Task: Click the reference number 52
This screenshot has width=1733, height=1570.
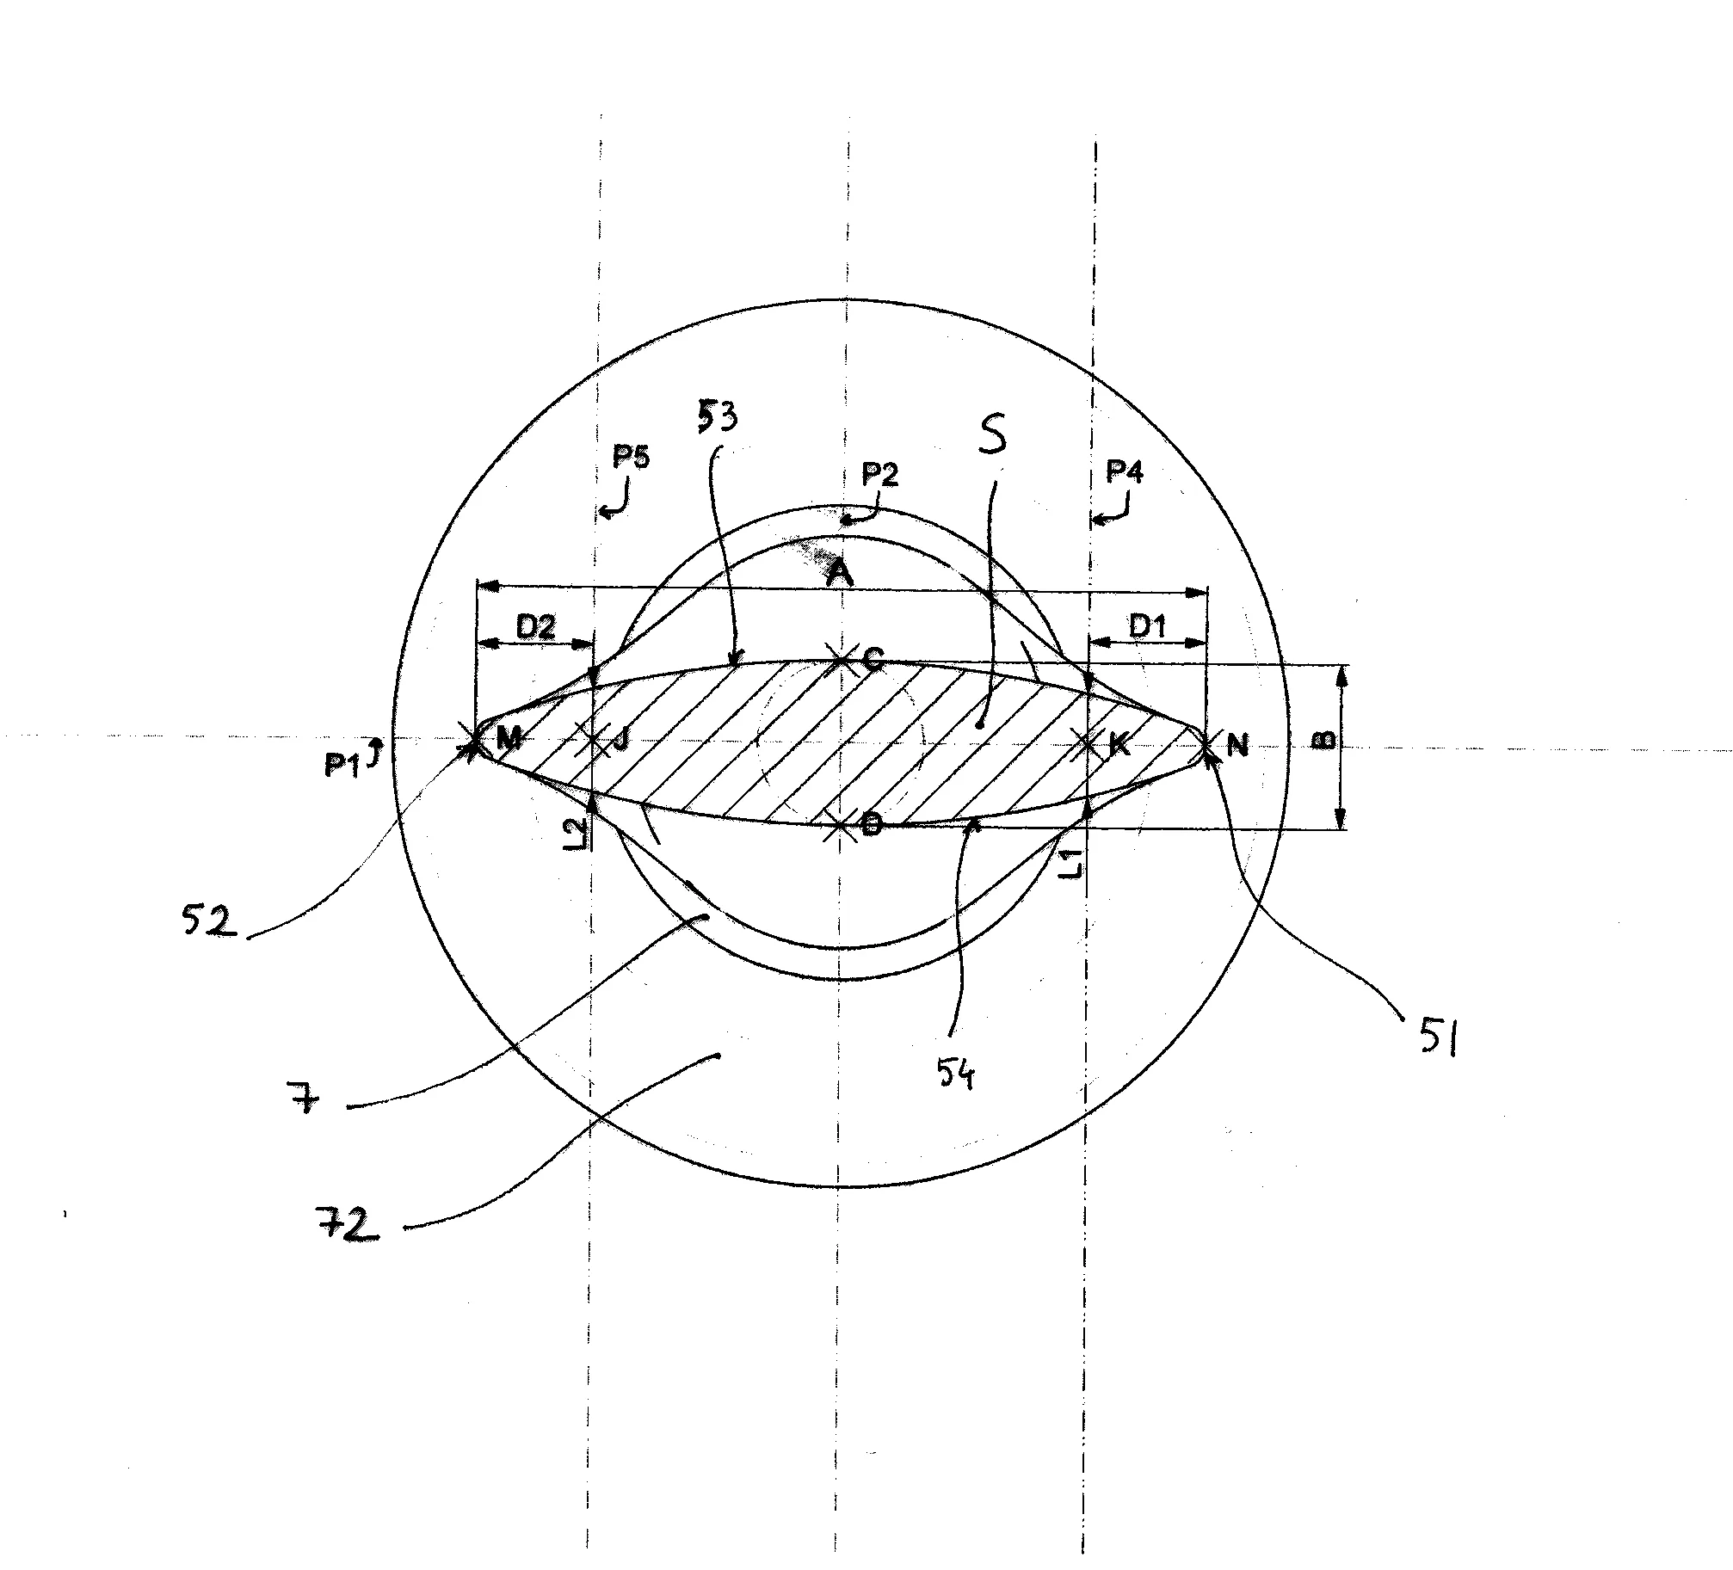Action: [x=207, y=921]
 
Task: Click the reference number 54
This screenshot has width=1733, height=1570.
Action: [x=956, y=1075]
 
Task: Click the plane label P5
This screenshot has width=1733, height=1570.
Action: [x=631, y=456]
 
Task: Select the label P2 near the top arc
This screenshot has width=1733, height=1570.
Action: [x=879, y=474]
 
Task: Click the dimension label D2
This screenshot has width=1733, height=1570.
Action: [x=535, y=628]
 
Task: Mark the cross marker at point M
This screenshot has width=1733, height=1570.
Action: [x=473, y=745]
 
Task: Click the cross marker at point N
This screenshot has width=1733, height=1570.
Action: [x=1206, y=744]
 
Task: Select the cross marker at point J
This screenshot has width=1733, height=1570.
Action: [x=594, y=742]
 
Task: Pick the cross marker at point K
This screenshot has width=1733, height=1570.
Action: [x=1089, y=743]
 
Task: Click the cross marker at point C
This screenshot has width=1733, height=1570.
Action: [x=839, y=658]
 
